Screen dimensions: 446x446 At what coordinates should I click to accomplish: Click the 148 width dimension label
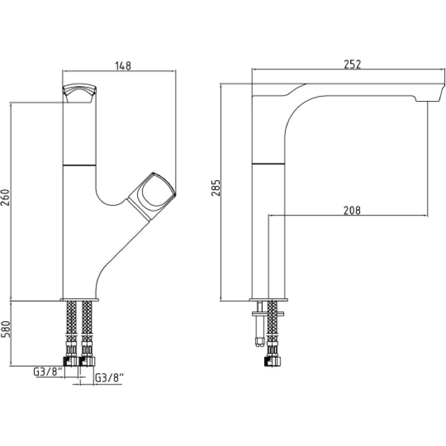tap(123, 66)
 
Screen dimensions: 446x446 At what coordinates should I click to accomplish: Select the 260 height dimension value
tap(6, 197)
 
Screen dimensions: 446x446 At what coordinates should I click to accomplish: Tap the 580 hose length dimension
tap(6, 329)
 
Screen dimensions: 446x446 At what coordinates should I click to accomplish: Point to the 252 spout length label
tap(352, 64)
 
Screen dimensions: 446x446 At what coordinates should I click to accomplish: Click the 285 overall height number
tap(216, 188)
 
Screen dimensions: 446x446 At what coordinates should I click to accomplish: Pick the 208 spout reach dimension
tap(352, 211)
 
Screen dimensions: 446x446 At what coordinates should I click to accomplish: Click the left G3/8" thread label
tap(48, 372)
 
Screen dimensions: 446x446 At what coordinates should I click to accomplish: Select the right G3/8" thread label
tap(109, 378)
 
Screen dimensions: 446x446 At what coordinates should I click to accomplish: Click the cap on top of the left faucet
tap(79, 93)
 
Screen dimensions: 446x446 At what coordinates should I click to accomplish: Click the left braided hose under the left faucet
tap(71, 322)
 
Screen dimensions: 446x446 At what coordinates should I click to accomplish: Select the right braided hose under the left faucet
tap(88, 322)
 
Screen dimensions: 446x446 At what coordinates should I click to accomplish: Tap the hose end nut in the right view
tap(273, 361)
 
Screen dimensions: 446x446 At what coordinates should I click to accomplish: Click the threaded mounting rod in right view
tap(260, 324)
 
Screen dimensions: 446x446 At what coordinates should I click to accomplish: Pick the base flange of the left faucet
tap(79, 299)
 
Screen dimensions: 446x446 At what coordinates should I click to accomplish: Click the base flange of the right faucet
tap(269, 299)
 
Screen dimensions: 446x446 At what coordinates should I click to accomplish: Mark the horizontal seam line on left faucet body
tap(79, 164)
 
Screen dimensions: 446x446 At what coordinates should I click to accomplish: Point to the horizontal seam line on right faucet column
tap(269, 164)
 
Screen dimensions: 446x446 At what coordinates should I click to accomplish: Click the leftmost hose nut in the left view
tap(71, 361)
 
